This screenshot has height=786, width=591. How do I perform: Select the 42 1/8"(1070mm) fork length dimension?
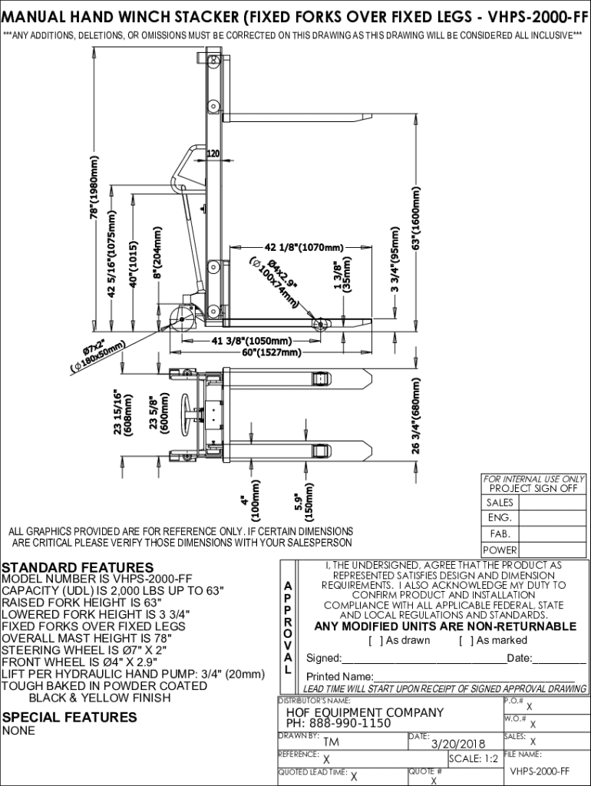tap(304, 247)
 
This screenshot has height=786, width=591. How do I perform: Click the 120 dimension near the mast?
tap(213, 154)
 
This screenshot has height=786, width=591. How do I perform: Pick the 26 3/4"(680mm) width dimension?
tap(416, 415)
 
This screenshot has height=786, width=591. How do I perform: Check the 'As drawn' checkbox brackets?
tap(375, 640)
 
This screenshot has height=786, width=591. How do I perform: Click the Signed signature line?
tap(422, 659)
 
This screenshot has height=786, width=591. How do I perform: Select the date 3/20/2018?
tap(459, 743)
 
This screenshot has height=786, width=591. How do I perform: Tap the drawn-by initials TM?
tap(331, 742)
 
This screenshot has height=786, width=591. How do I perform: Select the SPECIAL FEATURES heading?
tap(70, 717)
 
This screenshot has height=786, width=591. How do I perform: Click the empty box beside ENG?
tap(552, 518)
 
